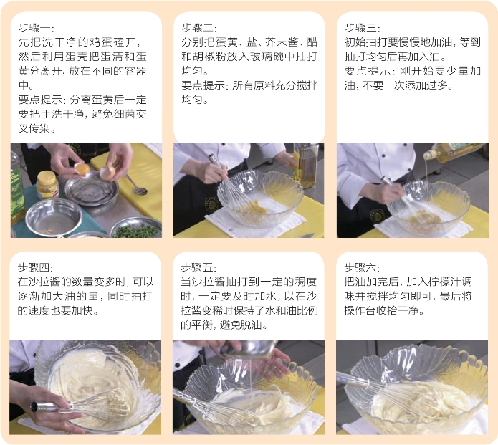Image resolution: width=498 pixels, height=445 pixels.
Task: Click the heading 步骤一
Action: coord(34,28)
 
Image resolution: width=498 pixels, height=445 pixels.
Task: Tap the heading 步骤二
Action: coord(198,28)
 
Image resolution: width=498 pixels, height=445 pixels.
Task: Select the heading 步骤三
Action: coord(361,28)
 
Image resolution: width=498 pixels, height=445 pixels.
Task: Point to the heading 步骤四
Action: coord(34,267)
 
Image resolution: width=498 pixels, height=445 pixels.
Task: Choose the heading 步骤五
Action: coord(197,267)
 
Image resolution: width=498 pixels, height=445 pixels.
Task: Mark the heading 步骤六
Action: coord(360,267)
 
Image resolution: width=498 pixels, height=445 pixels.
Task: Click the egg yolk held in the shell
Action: coord(82,168)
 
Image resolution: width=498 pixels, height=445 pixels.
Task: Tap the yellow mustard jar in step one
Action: coord(47,185)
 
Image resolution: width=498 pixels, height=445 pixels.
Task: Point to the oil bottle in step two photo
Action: coord(305,165)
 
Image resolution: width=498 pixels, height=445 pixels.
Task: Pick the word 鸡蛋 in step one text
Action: coord(100,42)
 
